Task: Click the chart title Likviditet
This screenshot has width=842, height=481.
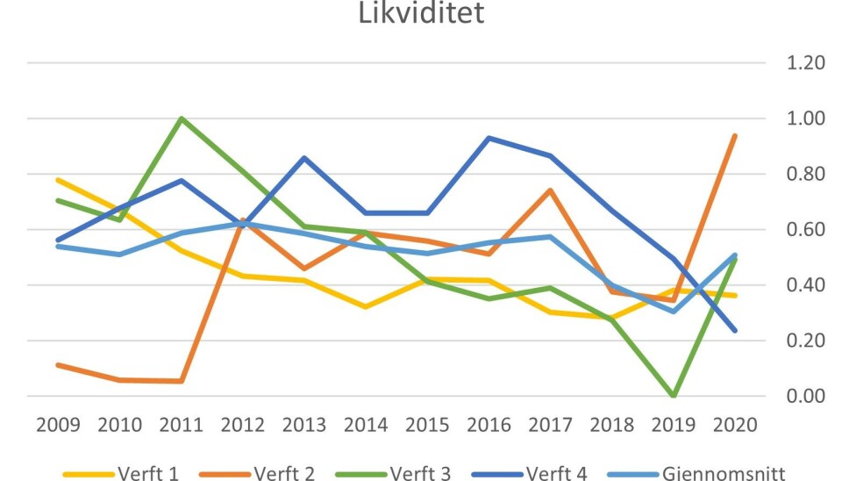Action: pyautogui.click(x=421, y=14)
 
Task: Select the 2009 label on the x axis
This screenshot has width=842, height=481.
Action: pyautogui.click(x=58, y=427)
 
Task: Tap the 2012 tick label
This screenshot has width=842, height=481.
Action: pyautogui.click(x=243, y=427)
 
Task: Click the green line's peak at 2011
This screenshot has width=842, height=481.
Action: pyautogui.click(x=182, y=118)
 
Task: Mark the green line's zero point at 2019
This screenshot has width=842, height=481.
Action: pyautogui.click(x=672, y=396)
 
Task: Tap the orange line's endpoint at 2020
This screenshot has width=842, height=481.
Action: pyautogui.click(x=734, y=136)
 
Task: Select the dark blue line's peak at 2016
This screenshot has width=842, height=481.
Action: pyautogui.click(x=488, y=138)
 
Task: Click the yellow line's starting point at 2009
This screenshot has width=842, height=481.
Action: pyautogui.click(x=58, y=180)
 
